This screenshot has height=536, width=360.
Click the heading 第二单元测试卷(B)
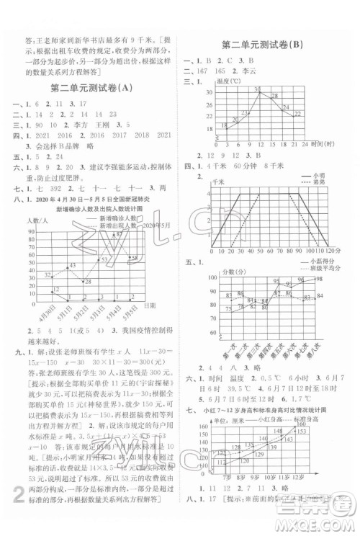coord(271,45)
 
